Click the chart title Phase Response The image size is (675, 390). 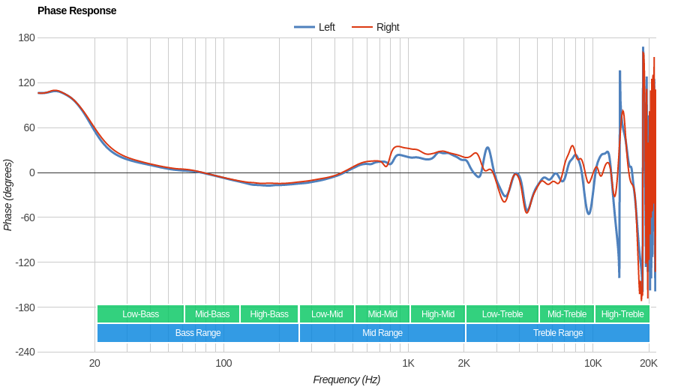pyautogui.click(x=76, y=10)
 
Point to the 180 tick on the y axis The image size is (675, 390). pyautogui.click(x=27, y=37)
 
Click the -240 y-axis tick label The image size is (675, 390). pyautogui.click(x=25, y=352)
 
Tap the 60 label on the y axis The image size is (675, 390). pyautogui.click(x=29, y=127)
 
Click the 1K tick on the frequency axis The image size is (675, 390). pyautogui.click(x=408, y=364)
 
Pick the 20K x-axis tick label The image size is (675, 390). pyautogui.click(x=649, y=364)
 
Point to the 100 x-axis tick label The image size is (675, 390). pyautogui.click(x=223, y=364)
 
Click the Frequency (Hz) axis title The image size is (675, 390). pyautogui.click(x=346, y=379)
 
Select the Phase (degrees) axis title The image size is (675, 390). pyautogui.click(x=8, y=195)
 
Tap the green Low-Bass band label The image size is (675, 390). pyautogui.click(x=140, y=314)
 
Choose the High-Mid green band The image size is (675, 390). pyautogui.click(x=438, y=314)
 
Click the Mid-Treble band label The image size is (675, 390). pyautogui.click(x=567, y=314)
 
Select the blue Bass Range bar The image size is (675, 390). pyautogui.click(x=198, y=333)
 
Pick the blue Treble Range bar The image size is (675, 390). pyautogui.click(x=558, y=333)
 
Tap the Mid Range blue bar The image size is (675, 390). pyautogui.click(x=382, y=333)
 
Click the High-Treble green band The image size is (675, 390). pyautogui.click(x=622, y=314)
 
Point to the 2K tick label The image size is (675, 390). pyautogui.click(x=464, y=364)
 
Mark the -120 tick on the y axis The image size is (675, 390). pyautogui.click(x=25, y=262)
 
